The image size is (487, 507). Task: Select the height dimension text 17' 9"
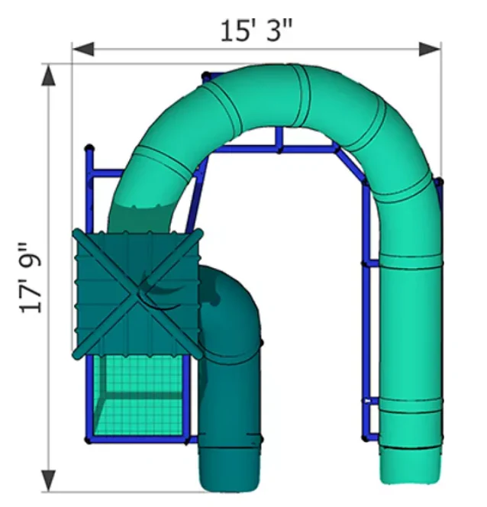pos(31,278)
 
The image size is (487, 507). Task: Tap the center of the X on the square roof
pos(139,292)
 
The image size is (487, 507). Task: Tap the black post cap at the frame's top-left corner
pos(89,147)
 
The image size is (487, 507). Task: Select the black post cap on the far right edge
pos(439,182)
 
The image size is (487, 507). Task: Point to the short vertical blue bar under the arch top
pos(279,138)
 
